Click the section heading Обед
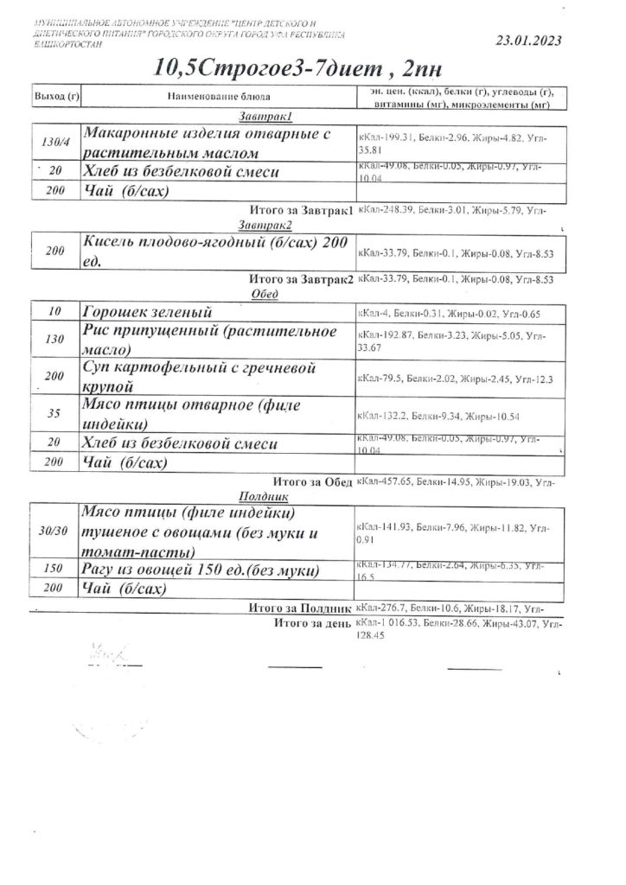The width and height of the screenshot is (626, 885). pyautogui.click(x=261, y=293)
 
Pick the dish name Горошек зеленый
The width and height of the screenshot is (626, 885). pyautogui.click(x=146, y=312)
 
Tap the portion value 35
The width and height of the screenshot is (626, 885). pyautogui.click(x=54, y=414)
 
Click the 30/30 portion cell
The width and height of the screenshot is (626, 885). pyautogui.click(x=54, y=530)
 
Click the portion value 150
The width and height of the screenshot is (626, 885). pyautogui.click(x=54, y=570)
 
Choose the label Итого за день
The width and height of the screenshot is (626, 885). pyautogui.click(x=311, y=622)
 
